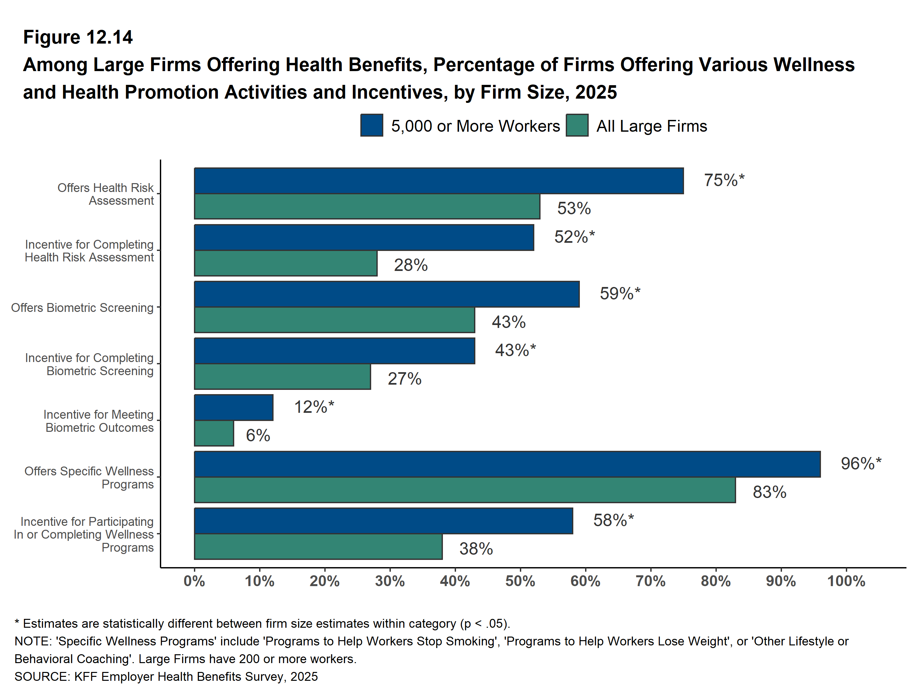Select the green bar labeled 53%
pos(367,206)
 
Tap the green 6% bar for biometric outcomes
pos(214,433)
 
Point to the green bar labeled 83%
pos(465,490)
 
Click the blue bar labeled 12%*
pos(234,408)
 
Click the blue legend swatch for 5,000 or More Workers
pos(371,125)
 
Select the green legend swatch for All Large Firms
pos(577,125)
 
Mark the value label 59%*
pos(620,293)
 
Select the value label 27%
pos(404,378)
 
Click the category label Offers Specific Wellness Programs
pos(89,477)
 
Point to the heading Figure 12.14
pos(78,37)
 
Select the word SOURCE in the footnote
pos(41,677)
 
